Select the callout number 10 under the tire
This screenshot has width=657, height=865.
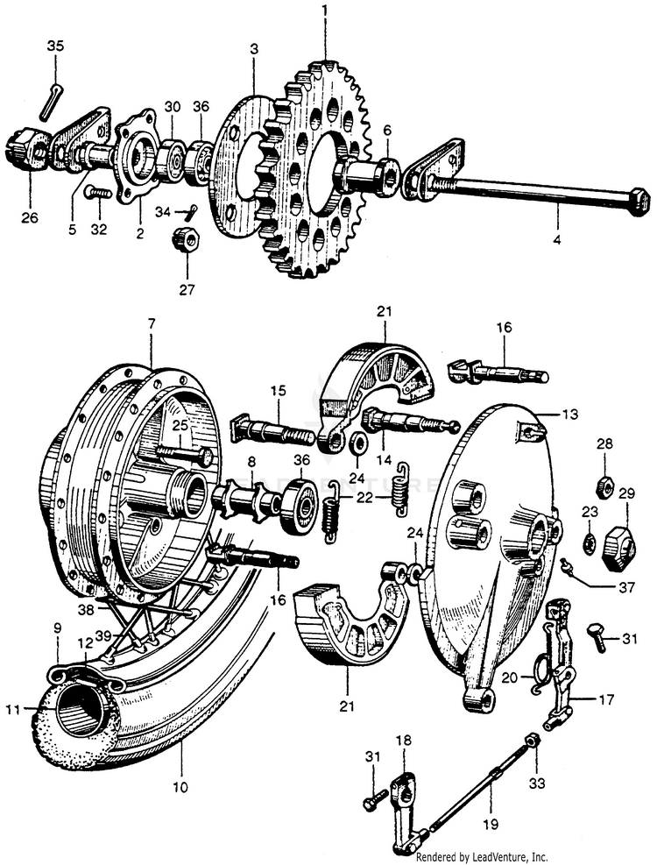[x=180, y=787]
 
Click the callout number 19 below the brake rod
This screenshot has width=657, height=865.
[x=490, y=823]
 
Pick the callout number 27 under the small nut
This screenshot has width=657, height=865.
[x=187, y=287]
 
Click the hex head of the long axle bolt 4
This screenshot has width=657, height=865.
[x=636, y=200]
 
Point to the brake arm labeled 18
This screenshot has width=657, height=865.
[x=402, y=792]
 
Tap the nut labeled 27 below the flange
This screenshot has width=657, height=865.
[x=186, y=238]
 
